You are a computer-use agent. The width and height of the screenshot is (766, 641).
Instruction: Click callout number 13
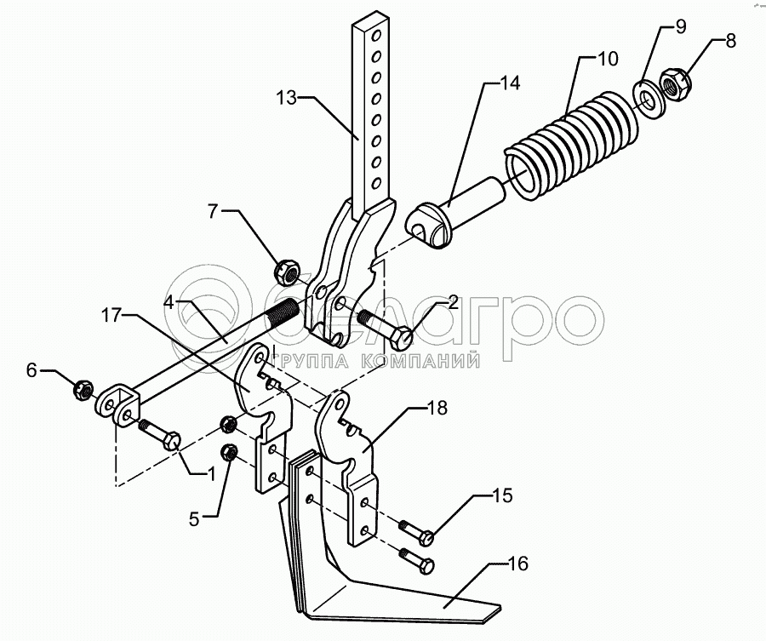click(286, 98)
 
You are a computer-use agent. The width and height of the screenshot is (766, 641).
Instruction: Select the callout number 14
click(510, 83)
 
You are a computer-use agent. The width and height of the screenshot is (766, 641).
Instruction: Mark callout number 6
click(32, 369)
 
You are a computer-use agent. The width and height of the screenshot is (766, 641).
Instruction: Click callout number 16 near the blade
click(518, 564)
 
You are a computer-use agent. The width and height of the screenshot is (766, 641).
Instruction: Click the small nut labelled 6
click(83, 390)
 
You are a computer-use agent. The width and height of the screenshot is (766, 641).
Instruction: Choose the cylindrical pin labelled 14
click(460, 215)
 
